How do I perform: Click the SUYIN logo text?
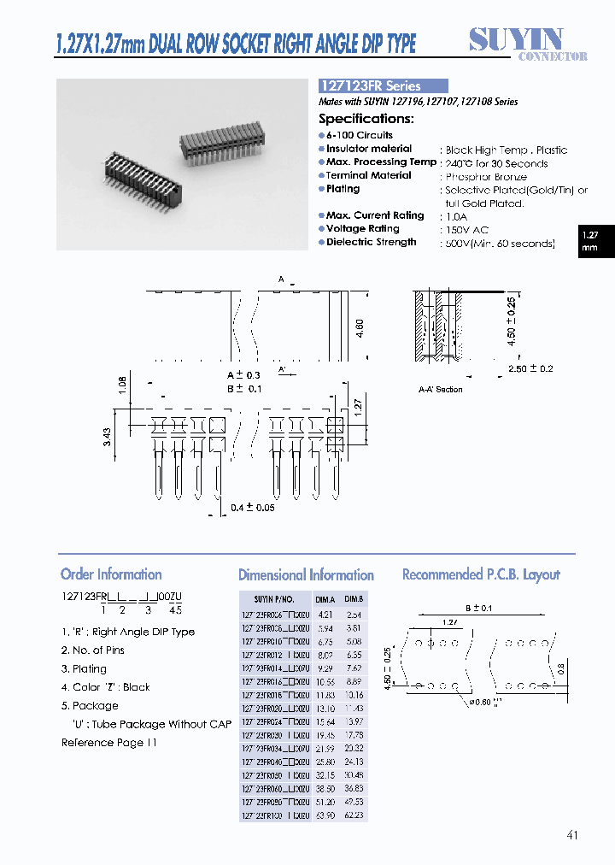click(516, 39)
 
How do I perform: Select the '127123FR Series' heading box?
click(383, 86)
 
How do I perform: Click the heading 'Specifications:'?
click(366, 120)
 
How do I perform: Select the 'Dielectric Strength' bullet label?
click(371, 243)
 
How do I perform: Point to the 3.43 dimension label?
click(106, 437)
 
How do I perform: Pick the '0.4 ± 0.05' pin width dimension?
click(253, 508)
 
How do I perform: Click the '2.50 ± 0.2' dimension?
click(529, 368)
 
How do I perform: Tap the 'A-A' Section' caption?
click(440, 390)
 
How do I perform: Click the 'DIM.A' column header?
click(325, 599)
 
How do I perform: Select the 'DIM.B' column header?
click(355, 599)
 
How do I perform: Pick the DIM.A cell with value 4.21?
click(325, 615)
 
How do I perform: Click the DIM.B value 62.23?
click(355, 815)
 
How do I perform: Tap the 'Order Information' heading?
click(111, 574)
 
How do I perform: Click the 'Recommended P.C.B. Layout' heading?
click(481, 574)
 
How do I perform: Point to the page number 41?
click(572, 834)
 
